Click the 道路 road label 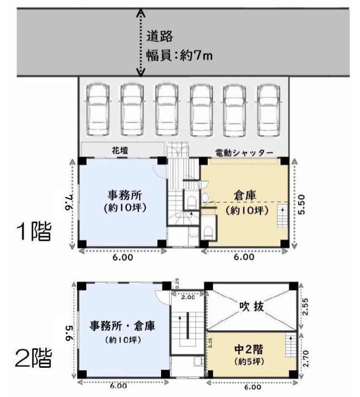point(159,36)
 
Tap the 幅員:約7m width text point(179,55)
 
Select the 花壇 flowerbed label point(120,151)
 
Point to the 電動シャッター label point(245,153)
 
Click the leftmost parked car point(98,110)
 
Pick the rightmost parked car point(269,110)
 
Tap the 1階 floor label point(34,231)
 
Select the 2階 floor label point(33,358)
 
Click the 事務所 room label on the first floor point(125,195)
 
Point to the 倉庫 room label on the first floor point(245,195)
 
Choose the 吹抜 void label point(252,306)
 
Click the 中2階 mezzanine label point(249,349)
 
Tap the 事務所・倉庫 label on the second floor point(122,326)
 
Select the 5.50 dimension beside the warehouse point(302,204)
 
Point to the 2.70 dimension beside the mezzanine point(306,359)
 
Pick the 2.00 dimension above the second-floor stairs point(188,297)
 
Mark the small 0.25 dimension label point(177,283)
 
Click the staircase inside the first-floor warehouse point(283,216)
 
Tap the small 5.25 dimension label point(210,343)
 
